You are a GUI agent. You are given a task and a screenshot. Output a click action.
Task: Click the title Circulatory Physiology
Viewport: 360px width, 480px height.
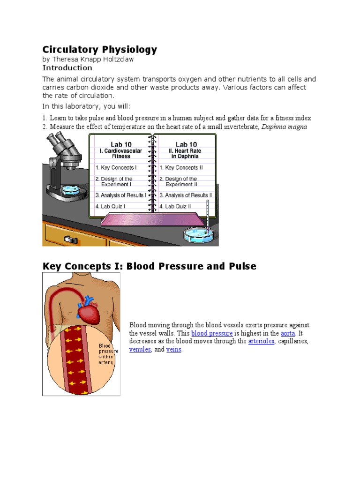[x=100, y=50]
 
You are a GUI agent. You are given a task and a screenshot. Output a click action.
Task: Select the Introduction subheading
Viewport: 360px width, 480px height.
[x=67, y=67]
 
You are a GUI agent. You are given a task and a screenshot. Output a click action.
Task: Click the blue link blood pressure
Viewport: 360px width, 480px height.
[x=212, y=333]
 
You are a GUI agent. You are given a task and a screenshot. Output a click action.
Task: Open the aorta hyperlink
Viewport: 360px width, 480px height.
[x=288, y=333]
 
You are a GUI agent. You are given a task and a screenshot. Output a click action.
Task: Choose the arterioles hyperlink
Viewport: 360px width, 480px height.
[x=261, y=341]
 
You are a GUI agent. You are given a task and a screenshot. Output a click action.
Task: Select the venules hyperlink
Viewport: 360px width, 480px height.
[x=140, y=350]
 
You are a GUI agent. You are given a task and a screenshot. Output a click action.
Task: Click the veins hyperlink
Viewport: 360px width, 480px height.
[x=173, y=350]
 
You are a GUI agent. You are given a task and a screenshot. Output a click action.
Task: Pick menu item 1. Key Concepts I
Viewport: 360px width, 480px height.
[x=116, y=167]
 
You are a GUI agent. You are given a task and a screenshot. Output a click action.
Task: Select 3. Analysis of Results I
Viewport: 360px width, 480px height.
[x=120, y=195]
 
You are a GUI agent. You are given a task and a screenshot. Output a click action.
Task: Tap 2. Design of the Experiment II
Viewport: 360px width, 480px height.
[x=181, y=182]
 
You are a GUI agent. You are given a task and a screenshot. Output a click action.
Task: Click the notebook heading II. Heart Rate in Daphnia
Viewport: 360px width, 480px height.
[x=186, y=153]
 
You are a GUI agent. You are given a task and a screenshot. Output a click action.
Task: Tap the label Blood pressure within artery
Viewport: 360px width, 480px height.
[x=108, y=354]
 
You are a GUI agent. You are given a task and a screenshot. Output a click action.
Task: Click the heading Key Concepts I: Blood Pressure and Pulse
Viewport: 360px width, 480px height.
[x=150, y=266]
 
